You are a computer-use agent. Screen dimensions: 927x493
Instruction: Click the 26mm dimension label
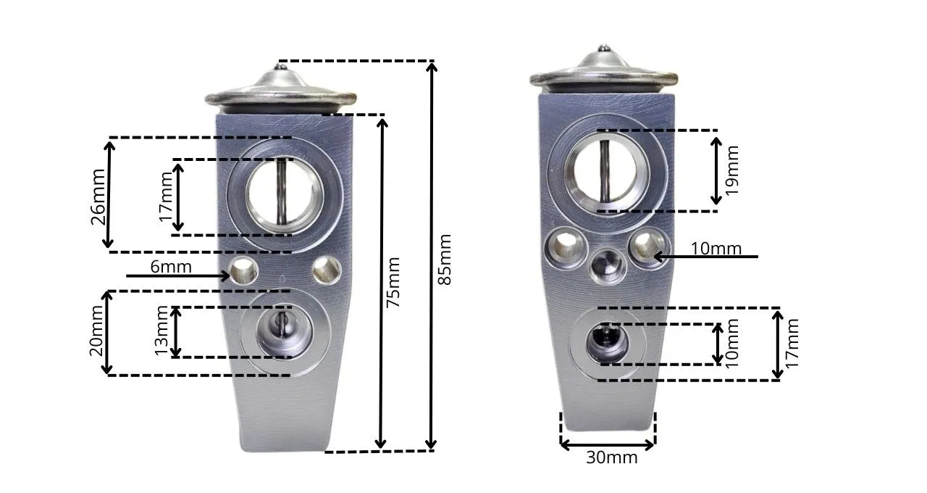click(x=98, y=196)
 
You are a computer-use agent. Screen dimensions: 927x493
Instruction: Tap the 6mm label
click(x=171, y=267)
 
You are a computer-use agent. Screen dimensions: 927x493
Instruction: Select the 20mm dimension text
click(x=96, y=331)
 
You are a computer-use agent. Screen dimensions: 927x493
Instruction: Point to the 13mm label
click(x=162, y=331)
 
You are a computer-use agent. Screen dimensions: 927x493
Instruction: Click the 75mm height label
click(x=393, y=282)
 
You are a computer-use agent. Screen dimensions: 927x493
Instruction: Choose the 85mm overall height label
click(x=445, y=260)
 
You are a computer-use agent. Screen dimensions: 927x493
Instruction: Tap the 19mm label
click(x=732, y=170)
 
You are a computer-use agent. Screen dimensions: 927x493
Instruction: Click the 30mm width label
click(x=612, y=457)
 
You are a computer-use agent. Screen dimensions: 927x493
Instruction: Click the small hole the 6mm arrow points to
click(x=243, y=271)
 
